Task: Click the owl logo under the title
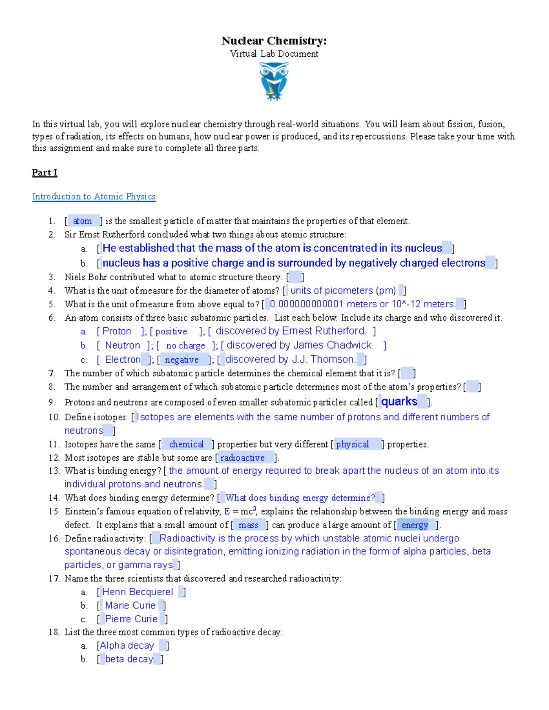(274, 81)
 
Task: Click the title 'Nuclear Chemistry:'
(274, 41)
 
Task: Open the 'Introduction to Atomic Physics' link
(94, 197)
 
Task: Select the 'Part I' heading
(44, 172)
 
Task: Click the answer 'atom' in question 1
(82, 221)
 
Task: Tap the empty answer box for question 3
(295, 277)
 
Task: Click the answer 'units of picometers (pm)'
(343, 291)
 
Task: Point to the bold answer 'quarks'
(399, 402)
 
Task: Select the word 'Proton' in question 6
(117, 331)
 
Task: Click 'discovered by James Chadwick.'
(300, 345)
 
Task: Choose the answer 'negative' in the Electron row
(182, 360)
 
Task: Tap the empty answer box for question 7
(407, 374)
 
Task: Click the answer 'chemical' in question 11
(186, 444)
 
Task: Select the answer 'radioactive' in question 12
(242, 458)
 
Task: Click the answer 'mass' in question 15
(248, 525)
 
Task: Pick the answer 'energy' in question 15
(414, 525)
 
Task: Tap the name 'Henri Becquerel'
(138, 592)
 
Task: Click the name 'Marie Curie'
(130, 606)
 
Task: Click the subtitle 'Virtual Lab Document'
(274, 54)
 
